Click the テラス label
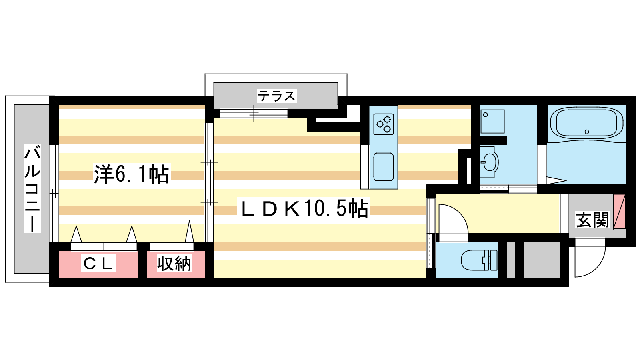(276, 96)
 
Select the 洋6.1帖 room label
(131, 174)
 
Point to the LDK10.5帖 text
(304, 208)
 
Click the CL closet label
(98, 263)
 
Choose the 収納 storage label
(174, 263)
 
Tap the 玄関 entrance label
(592, 220)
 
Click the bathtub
(586, 124)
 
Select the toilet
(478, 260)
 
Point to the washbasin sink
(489, 162)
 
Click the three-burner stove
(384, 124)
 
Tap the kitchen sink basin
(384, 166)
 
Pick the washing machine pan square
(492, 121)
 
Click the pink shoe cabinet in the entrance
(619, 211)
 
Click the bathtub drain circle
(587, 132)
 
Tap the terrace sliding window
(254, 114)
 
